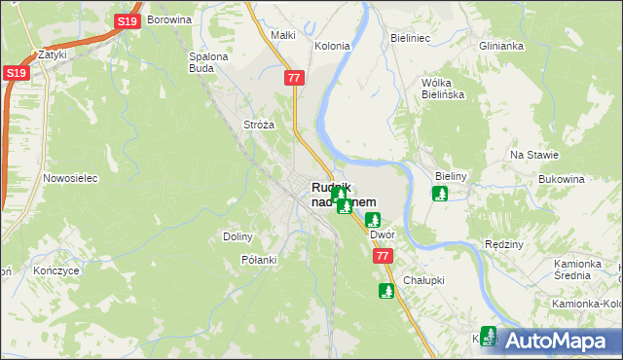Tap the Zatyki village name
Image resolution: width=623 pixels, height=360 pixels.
[51, 55]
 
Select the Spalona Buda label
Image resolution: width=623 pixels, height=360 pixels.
[207, 62]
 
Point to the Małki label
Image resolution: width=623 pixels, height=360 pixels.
[282, 35]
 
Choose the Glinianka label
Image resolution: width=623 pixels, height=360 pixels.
[501, 46]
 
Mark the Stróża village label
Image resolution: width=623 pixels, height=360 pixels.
[259, 125]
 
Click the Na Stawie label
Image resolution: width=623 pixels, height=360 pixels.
[534, 155]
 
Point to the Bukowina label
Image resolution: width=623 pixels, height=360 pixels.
[561, 179]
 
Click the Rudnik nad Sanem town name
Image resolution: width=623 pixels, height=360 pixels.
[343, 194]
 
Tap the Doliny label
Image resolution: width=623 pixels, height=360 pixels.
[238, 236]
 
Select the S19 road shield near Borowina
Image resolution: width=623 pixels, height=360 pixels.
[126, 20]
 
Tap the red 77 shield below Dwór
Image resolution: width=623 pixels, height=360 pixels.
[382, 256]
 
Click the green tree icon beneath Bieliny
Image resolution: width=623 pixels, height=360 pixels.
[440, 194]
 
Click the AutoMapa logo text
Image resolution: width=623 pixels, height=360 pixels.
[558, 341]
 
